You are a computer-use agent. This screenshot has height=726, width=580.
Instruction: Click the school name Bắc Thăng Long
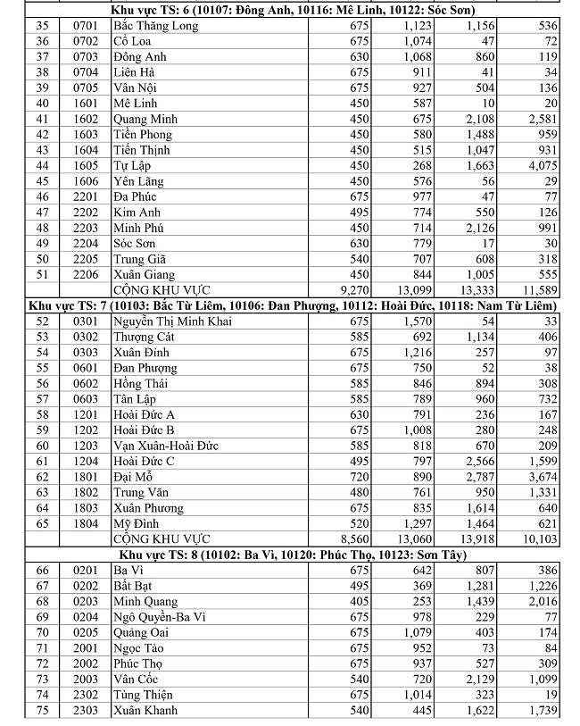[x=155, y=26]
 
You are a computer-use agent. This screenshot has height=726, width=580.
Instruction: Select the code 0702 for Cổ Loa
[x=85, y=41]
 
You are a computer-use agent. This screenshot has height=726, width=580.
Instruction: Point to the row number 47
[x=43, y=213]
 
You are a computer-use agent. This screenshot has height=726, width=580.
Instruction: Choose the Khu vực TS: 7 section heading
[x=290, y=305]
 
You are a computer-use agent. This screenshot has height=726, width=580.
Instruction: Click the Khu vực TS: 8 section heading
[x=290, y=555]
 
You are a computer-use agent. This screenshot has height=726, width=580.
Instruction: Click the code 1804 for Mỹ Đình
[x=85, y=523]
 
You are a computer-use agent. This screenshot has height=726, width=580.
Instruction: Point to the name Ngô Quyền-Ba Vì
[x=160, y=617]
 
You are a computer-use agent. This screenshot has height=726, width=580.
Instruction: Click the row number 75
[x=43, y=711]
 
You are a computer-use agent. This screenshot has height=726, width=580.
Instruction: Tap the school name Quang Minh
[x=145, y=119]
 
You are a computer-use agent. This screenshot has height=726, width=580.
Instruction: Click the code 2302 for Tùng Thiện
[x=85, y=695]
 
